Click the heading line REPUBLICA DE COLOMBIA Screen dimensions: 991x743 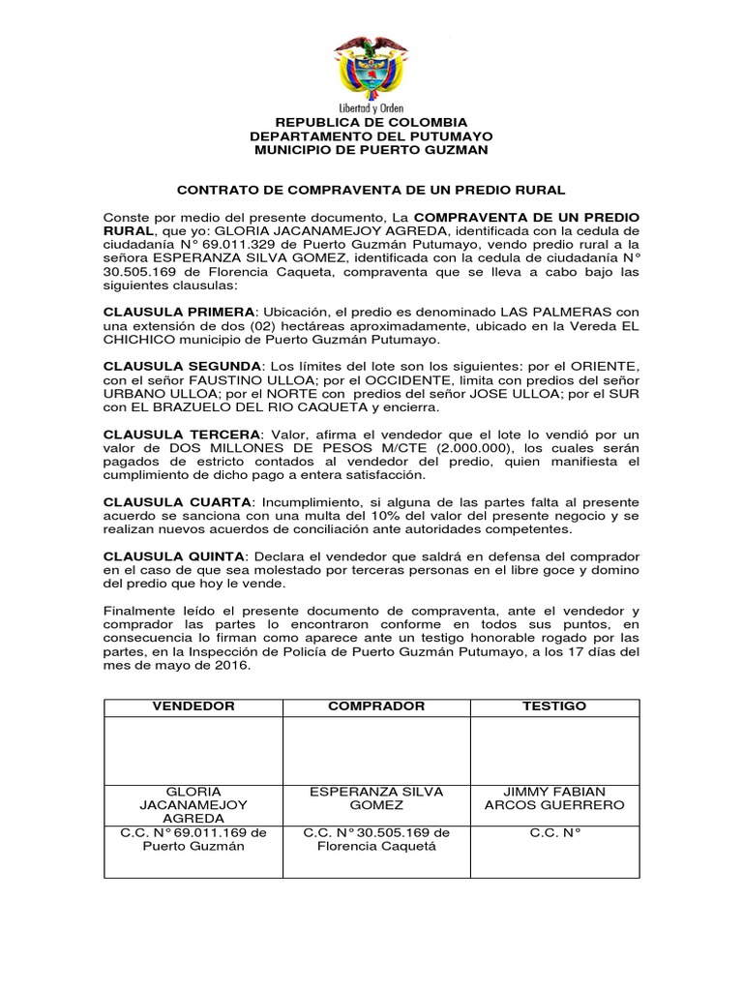click(x=371, y=122)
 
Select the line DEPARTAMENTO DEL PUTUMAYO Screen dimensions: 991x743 click(x=371, y=136)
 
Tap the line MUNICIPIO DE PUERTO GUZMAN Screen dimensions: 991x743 click(x=371, y=151)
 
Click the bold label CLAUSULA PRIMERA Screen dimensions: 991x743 click(x=179, y=313)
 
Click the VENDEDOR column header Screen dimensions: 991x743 click(x=193, y=706)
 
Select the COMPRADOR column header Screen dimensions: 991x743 click(x=376, y=706)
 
